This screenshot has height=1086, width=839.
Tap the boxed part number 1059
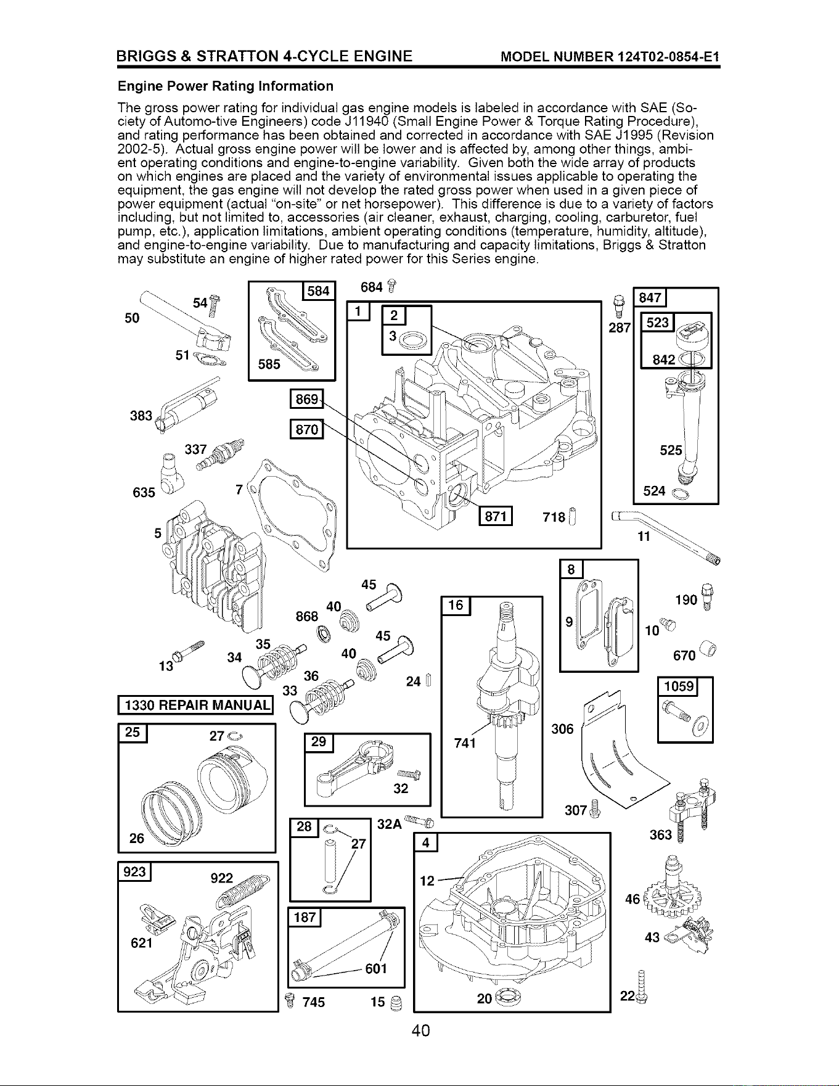(677, 686)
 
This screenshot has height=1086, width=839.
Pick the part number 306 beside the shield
(562, 729)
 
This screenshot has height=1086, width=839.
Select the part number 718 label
(554, 516)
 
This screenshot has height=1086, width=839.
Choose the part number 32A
(389, 824)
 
